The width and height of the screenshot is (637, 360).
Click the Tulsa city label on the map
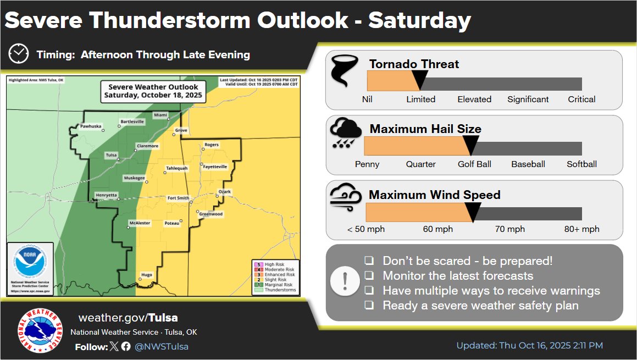coord(112,155)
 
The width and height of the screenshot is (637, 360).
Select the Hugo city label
coord(147,274)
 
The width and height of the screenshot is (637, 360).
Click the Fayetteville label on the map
coord(214,167)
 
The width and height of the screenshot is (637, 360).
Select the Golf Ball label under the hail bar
coord(474,164)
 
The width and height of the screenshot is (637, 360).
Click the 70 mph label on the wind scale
coord(509,229)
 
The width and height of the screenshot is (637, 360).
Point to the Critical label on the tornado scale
coord(581,99)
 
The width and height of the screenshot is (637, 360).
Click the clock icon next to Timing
coord(19,54)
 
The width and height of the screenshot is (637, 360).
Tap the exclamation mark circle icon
coord(345,282)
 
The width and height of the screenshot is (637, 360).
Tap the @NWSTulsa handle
coord(162,346)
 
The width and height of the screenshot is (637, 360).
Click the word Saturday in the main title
coord(419,20)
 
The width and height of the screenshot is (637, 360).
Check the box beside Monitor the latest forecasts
coord(370,275)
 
